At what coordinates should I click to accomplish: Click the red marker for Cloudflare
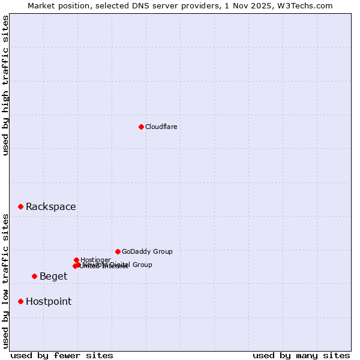click(x=141, y=127)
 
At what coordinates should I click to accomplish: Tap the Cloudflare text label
click(x=161, y=127)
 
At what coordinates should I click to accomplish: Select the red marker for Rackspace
click(x=20, y=206)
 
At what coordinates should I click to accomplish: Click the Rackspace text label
click(x=51, y=207)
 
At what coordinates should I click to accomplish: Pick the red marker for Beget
click(x=34, y=276)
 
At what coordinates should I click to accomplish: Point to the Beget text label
click(x=53, y=277)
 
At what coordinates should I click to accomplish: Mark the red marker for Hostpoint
click(x=20, y=301)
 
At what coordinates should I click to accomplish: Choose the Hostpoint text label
click(x=49, y=302)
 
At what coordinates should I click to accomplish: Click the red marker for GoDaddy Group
click(x=118, y=251)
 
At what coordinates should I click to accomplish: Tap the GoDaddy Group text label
click(x=147, y=252)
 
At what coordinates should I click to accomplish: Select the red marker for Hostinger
click(x=76, y=260)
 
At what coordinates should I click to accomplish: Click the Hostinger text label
click(x=95, y=260)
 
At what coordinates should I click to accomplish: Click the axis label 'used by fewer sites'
click(x=62, y=355)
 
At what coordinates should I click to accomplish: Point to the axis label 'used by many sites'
click(x=301, y=355)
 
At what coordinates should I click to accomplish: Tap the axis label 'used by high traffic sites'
click(x=6, y=85)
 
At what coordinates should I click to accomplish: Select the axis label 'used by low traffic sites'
click(x=6, y=281)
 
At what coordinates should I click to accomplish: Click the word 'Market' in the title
click(x=41, y=5)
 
